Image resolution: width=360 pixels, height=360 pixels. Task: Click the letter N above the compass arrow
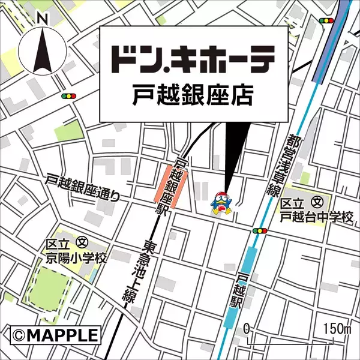[x=42, y=19]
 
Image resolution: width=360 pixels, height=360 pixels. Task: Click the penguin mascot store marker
[x=221, y=202]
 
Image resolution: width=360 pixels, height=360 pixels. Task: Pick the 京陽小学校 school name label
[x=77, y=259]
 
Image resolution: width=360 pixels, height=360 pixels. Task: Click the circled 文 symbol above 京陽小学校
[x=83, y=245]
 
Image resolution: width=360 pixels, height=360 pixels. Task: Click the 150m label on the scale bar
[x=337, y=329]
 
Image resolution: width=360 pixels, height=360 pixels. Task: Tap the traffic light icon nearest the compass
[x=70, y=95]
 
